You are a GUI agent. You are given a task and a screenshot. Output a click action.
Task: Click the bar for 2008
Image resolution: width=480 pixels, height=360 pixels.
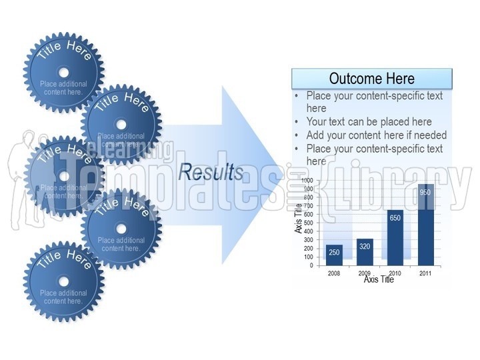pyautogui.click(x=334, y=255)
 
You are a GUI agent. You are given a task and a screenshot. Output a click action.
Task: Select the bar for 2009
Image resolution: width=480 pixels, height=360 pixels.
pyautogui.click(x=365, y=251)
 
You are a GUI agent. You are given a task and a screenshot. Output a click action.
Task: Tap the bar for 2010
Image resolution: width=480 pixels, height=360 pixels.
pyautogui.click(x=395, y=237)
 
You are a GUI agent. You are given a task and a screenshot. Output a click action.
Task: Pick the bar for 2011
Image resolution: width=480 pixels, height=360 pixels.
pyautogui.click(x=426, y=225)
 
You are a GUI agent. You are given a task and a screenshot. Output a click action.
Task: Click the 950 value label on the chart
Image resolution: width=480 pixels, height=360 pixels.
pyautogui.click(x=426, y=193)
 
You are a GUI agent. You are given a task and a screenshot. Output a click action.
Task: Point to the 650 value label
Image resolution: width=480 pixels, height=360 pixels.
pyautogui.click(x=395, y=218)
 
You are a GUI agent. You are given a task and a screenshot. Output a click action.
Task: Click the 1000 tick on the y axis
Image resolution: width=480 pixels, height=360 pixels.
pyautogui.click(x=306, y=181)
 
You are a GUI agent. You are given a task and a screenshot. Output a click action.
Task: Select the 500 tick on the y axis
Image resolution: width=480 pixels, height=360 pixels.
pyautogui.click(x=307, y=223)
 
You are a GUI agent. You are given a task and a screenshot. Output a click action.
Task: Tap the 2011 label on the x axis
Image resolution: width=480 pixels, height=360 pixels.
pyautogui.click(x=426, y=273)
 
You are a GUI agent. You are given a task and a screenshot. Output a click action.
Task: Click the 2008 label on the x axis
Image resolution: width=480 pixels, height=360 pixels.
pyautogui.click(x=334, y=273)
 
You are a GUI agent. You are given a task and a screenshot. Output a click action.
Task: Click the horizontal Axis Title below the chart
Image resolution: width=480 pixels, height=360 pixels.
pyautogui.click(x=379, y=280)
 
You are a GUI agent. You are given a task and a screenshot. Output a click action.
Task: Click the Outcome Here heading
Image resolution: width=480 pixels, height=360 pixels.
pyautogui.click(x=371, y=79)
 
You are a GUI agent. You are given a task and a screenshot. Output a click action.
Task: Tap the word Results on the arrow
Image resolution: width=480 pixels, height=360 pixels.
pyautogui.click(x=211, y=173)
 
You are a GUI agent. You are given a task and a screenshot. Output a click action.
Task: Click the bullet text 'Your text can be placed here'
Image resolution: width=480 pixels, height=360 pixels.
pyautogui.click(x=369, y=122)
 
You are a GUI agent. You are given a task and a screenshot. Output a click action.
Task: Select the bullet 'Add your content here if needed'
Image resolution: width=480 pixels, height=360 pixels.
pyautogui.click(x=376, y=135)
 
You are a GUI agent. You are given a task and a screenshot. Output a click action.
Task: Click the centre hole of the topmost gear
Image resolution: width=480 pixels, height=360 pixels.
pyautogui.click(x=63, y=72)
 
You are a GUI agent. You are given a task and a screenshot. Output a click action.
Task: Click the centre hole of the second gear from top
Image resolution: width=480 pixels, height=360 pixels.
pyautogui.click(x=121, y=124)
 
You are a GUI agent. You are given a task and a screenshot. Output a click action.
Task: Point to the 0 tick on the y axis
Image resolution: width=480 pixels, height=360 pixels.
pyautogui.click(x=311, y=265)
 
